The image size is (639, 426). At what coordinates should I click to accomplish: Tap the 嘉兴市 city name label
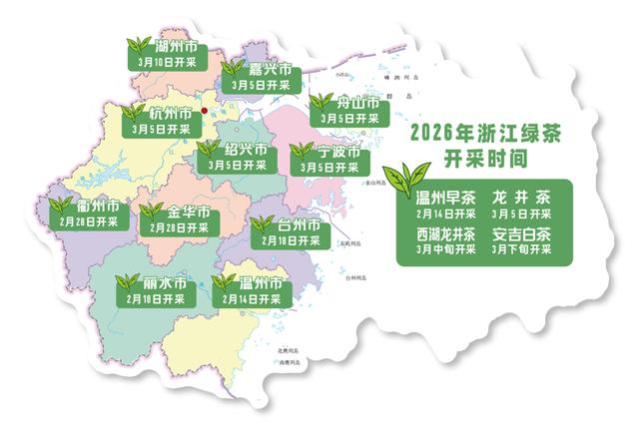pyautogui.click(x=271, y=71)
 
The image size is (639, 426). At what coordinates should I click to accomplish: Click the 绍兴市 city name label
pyautogui.click(x=246, y=151)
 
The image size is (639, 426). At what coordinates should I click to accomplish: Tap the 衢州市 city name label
pyautogui.click(x=99, y=206)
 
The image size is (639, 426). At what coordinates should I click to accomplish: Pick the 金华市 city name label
pyautogui.click(x=188, y=213)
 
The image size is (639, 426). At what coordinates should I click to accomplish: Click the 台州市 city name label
pyautogui.click(x=298, y=224)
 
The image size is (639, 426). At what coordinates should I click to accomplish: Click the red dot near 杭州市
pyautogui.click(x=204, y=111)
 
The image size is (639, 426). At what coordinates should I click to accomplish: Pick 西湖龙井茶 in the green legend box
pyautogui.click(x=446, y=234)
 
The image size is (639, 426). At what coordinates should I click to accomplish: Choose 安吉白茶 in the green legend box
pyautogui.click(x=521, y=234)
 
